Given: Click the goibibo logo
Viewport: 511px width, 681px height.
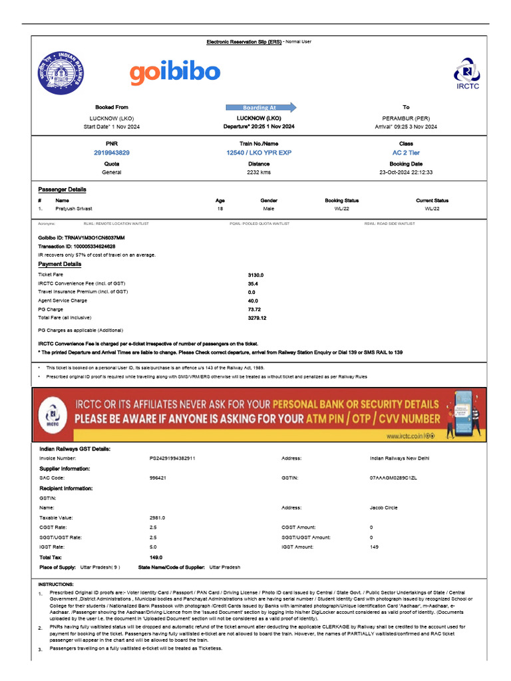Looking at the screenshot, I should pyautogui.click(x=174, y=74).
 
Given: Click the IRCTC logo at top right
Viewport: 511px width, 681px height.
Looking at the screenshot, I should pyautogui.click(x=467, y=74).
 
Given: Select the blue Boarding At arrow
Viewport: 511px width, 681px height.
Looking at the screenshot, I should pyautogui.click(x=261, y=107).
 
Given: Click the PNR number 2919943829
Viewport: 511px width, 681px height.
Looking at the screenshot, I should pyautogui.click(x=112, y=153).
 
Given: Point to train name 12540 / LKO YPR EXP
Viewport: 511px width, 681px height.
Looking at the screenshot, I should pyautogui.click(x=259, y=153).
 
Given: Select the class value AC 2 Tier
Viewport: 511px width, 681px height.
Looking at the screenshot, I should pyautogui.click(x=407, y=153).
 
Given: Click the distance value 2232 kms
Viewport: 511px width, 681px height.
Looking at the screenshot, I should pyautogui.click(x=259, y=172).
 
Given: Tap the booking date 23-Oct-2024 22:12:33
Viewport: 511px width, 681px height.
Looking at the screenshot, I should pyautogui.click(x=406, y=172).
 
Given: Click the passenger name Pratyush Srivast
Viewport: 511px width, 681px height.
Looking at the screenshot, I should pyautogui.click(x=75, y=209).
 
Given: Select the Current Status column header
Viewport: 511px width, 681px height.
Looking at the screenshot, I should pyautogui.click(x=432, y=200).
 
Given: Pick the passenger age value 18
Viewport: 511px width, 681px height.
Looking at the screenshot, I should pyautogui.click(x=220, y=209).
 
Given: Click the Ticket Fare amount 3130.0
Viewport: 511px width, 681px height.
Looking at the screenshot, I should pyautogui.click(x=255, y=275).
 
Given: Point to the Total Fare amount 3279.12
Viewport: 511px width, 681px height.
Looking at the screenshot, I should pyautogui.click(x=257, y=318).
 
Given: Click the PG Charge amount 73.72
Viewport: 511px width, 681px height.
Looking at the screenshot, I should pyautogui.click(x=255, y=309).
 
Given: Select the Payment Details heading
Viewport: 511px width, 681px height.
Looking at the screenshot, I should pyautogui.click(x=60, y=264).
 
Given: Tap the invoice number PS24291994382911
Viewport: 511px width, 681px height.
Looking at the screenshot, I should pyautogui.click(x=172, y=458).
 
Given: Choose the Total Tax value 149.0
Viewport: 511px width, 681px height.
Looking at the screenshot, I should pyautogui.click(x=156, y=557).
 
